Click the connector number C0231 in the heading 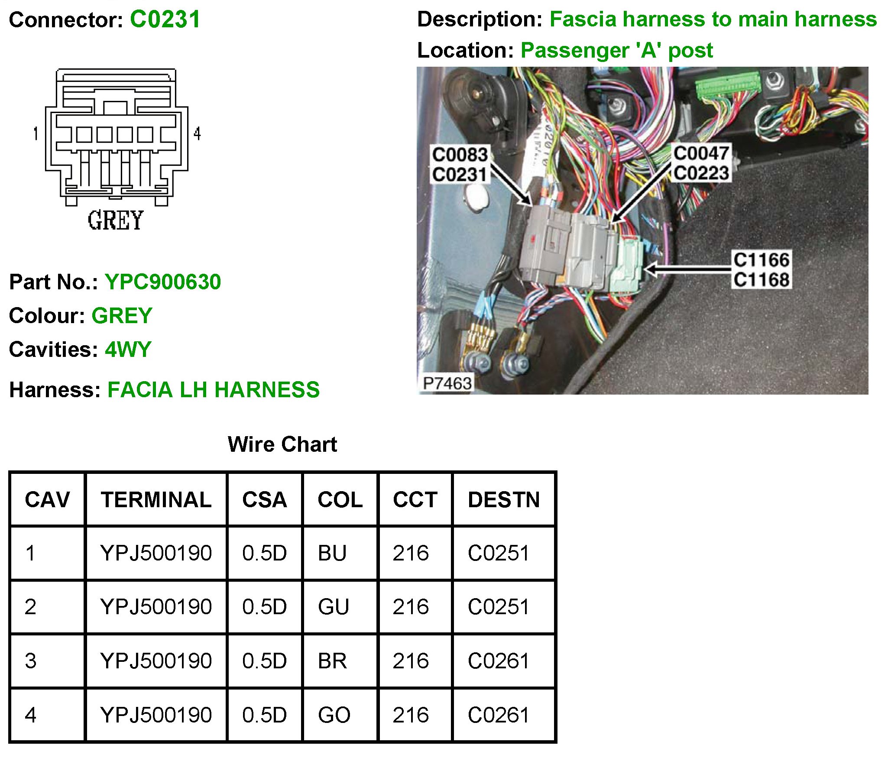click(x=165, y=19)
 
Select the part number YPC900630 click(x=163, y=282)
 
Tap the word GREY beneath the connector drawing click(x=115, y=220)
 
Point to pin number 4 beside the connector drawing click(x=197, y=133)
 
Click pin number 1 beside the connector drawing click(x=36, y=133)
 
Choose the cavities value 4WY click(x=128, y=350)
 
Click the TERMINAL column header click(x=156, y=500)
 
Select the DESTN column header click(x=504, y=500)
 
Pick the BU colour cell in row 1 click(x=332, y=554)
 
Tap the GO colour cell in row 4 click(x=334, y=715)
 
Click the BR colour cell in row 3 click(x=332, y=661)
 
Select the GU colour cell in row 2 click(x=333, y=607)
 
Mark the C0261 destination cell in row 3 click(x=499, y=661)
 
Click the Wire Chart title click(x=282, y=444)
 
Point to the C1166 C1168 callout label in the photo click(x=761, y=269)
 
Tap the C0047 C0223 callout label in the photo click(x=701, y=163)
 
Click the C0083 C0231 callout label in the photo click(x=460, y=165)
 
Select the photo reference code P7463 click(x=447, y=383)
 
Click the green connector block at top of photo click(x=728, y=88)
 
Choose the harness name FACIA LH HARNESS click(x=214, y=390)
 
